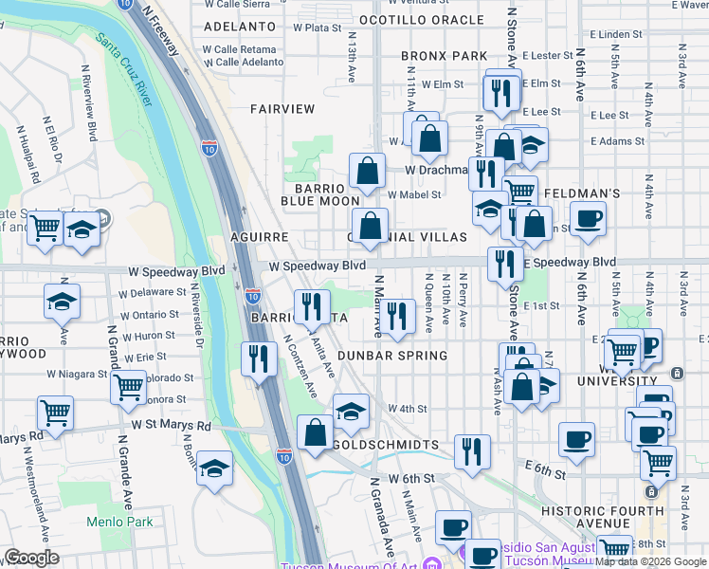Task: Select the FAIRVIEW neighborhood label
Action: (x=282, y=109)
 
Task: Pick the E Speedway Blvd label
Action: (x=569, y=263)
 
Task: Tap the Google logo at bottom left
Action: (x=32, y=558)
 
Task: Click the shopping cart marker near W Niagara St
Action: (x=128, y=385)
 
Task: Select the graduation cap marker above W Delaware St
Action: (x=63, y=301)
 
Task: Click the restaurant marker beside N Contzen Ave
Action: (x=258, y=358)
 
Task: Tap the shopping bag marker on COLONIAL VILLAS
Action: (x=372, y=226)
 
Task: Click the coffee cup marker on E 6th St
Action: (x=577, y=438)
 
